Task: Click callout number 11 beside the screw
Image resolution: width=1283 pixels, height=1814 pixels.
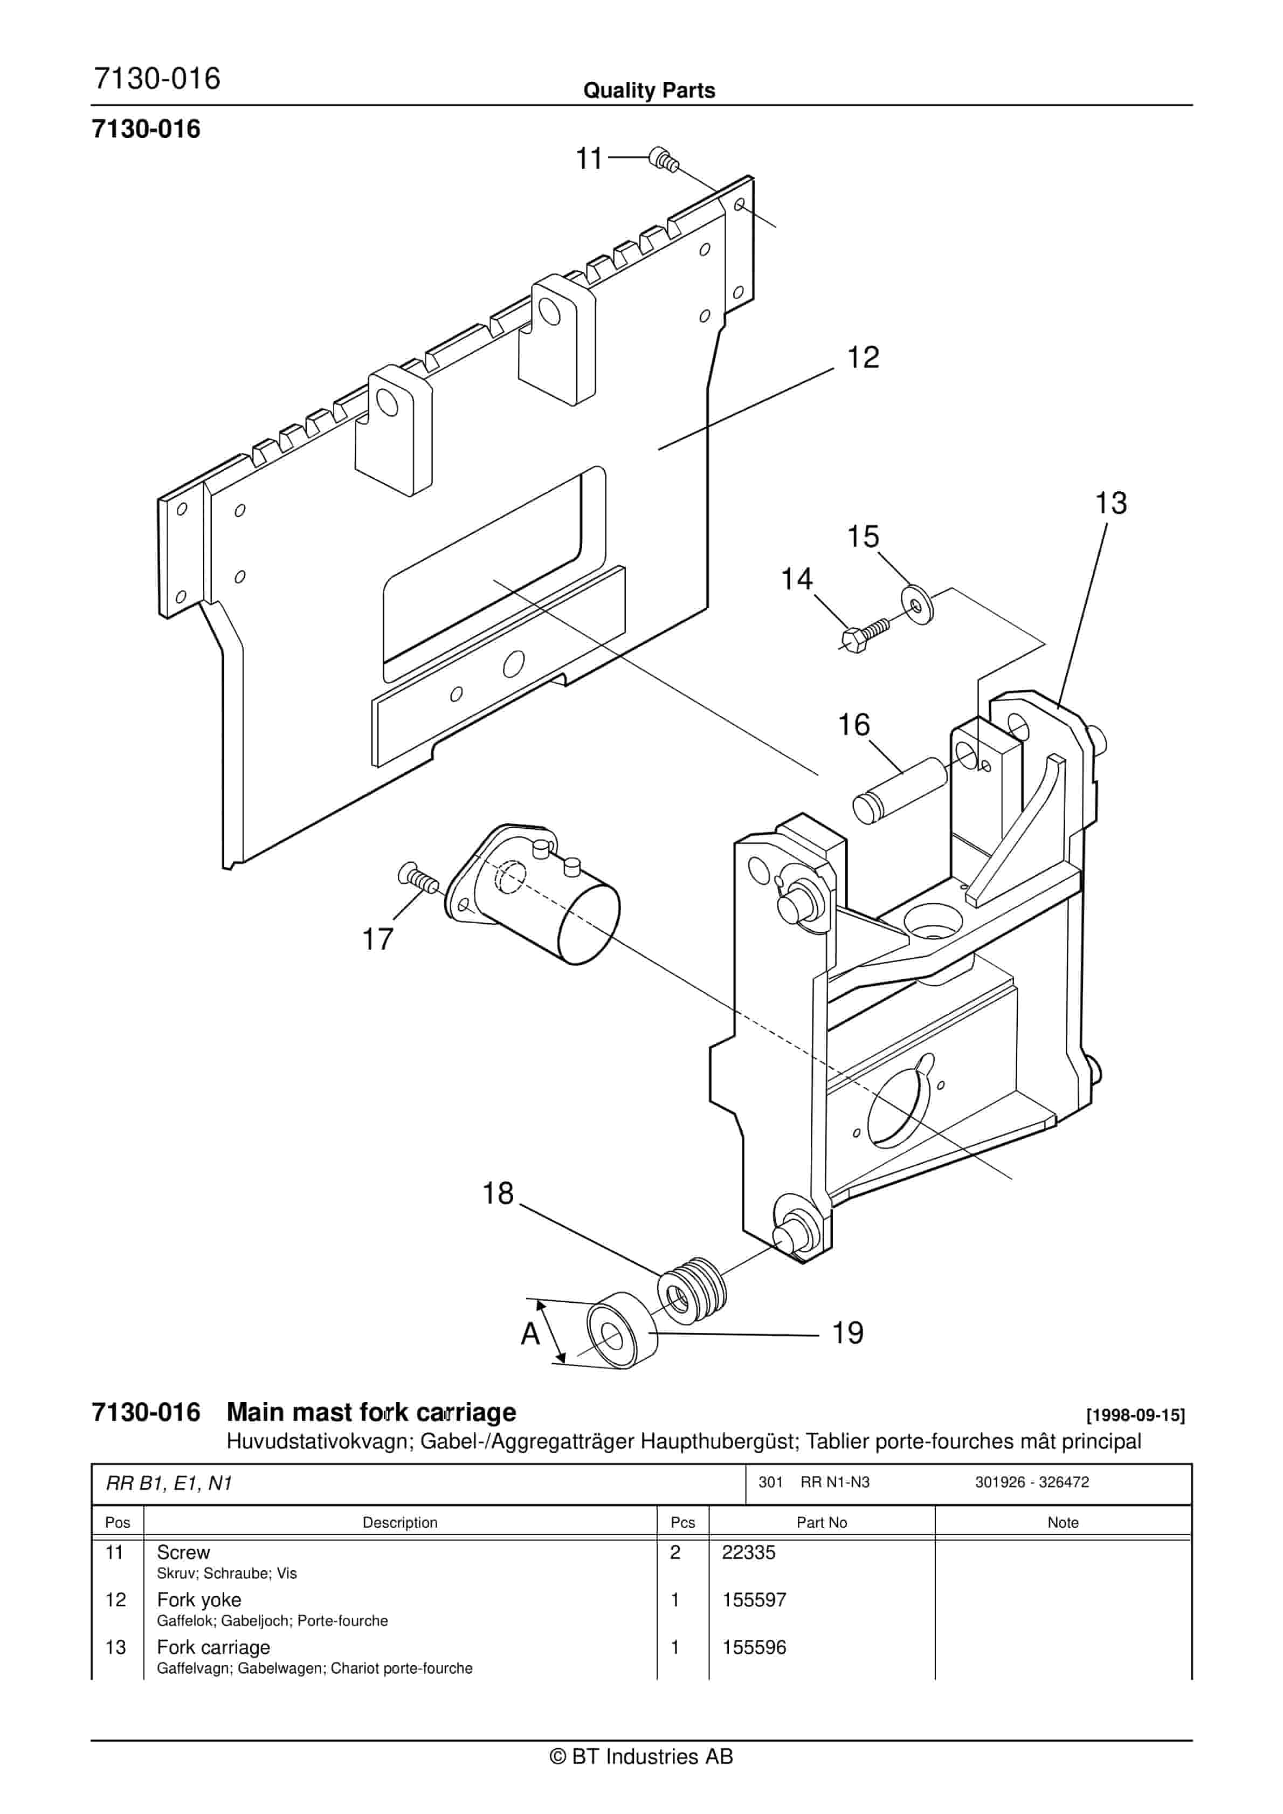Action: [589, 159]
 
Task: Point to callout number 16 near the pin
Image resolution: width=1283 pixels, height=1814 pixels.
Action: [853, 725]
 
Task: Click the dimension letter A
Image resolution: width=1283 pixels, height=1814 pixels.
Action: [530, 1335]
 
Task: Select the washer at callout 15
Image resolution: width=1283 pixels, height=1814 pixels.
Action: [916, 604]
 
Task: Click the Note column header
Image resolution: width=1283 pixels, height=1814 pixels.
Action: [1063, 1522]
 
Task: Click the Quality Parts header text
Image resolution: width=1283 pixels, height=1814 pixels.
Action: [649, 91]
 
